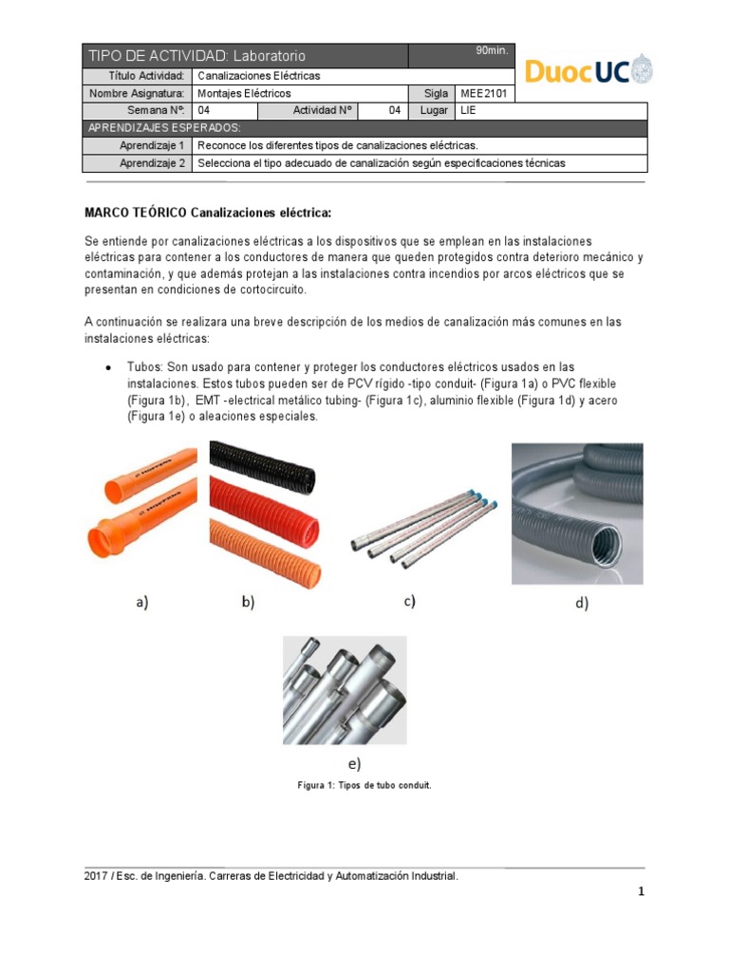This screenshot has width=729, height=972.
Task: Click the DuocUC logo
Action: click(x=589, y=70)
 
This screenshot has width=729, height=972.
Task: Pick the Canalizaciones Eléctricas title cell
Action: click(x=258, y=76)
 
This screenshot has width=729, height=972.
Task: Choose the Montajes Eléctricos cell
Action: click(x=244, y=94)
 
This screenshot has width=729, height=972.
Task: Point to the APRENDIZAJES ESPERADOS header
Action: click(x=164, y=128)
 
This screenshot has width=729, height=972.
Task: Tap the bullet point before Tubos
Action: click(x=107, y=367)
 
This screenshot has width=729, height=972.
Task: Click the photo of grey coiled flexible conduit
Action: click(x=577, y=513)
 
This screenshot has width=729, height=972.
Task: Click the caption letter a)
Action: click(x=142, y=601)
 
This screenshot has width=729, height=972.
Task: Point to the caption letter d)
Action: click(x=581, y=603)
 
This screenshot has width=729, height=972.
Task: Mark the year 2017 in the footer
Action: click(x=96, y=877)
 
